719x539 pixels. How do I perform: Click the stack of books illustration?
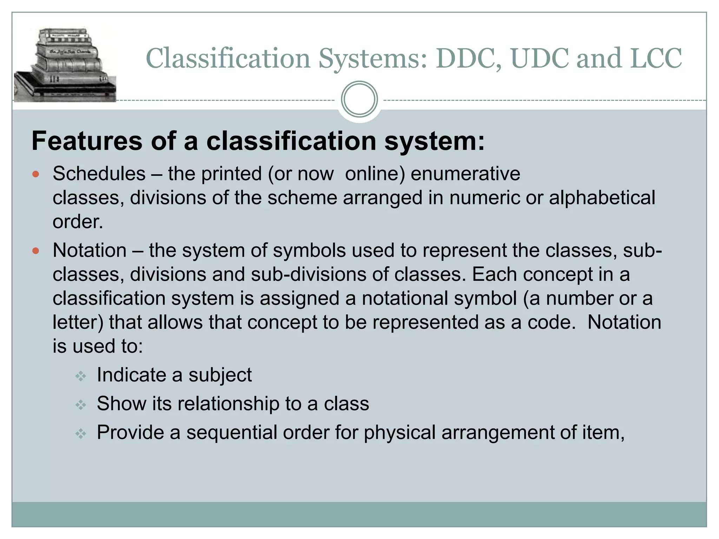click(x=65, y=65)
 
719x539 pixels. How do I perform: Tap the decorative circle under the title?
click(x=359, y=99)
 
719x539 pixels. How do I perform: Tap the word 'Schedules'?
click(x=99, y=174)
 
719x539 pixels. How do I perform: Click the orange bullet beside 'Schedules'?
click(x=35, y=174)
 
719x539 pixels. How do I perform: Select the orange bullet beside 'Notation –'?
click(x=35, y=251)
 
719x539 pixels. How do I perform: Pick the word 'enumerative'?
click(x=465, y=174)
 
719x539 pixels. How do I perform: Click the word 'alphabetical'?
click(x=602, y=198)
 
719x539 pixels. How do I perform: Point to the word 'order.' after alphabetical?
click(x=78, y=222)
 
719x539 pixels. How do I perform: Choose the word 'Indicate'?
click(x=131, y=375)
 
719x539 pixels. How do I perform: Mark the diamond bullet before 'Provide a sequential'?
click(x=81, y=434)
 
